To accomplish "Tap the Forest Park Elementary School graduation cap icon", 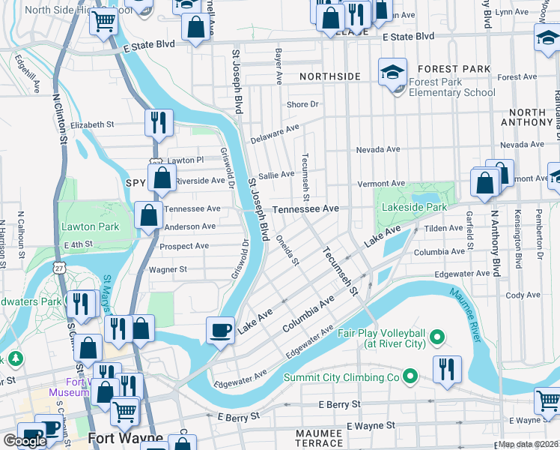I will click(x=392, y=72).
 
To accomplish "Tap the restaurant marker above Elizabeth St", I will click(x=159, y=122).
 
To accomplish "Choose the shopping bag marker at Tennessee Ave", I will click(x=149, y=214).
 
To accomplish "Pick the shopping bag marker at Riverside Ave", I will click(x=162, y=178).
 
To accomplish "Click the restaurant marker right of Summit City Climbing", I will click(x=447, y=369).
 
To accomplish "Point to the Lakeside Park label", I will click(x=414, y=206).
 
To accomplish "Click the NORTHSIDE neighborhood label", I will click(x=330, y=76).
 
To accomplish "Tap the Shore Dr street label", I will click(x=303, y=104).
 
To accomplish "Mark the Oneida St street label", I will click(x=287, y=251).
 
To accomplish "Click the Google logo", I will click(x=25, y=440).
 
